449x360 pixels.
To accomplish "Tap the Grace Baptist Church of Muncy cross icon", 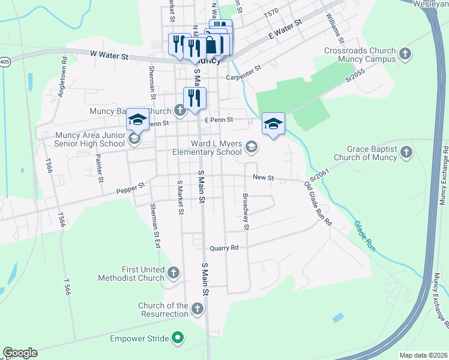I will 407,152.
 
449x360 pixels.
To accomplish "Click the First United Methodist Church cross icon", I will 173,273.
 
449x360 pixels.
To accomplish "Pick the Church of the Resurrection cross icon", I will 198,309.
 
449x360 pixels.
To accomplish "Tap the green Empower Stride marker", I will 177,339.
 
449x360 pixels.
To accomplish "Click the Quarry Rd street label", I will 224,248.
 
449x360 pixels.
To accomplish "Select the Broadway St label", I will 245,211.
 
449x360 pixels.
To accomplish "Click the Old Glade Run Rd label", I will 318,203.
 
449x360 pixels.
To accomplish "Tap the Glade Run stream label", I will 364,236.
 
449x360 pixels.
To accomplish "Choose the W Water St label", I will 110,56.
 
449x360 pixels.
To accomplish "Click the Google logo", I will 20,353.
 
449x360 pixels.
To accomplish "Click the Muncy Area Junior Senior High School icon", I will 134,139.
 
